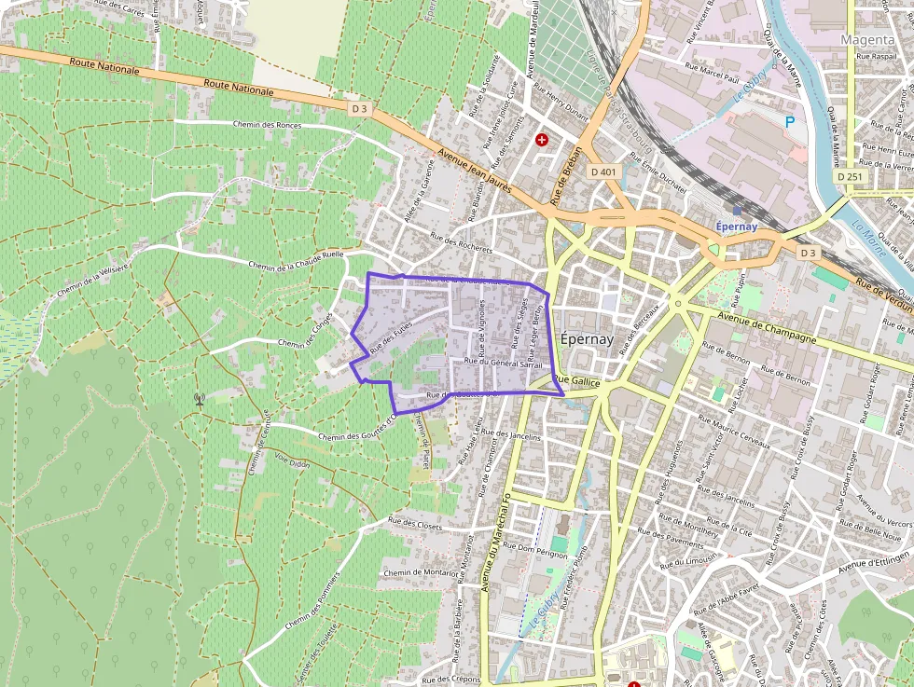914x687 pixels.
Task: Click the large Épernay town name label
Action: pyautogui.click(x=588, y=339)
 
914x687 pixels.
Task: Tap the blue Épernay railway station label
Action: pyautogui.click(x=738, y=227)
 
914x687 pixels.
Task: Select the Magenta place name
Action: pyautogui.click(x=867, y=40)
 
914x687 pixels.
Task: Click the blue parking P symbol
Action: pyautogui.click(x=790, y=122)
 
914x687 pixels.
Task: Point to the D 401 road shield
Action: pyautogui.click(x=604, y=172)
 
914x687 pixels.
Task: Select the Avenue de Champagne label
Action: pyautogui.click(x=767, y=327)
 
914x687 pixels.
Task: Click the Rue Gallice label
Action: pyautogui.click(x=575, y=382)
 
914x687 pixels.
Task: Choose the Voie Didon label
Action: pyautogui.click(x=292, y=462)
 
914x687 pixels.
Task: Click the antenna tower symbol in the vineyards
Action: pyautogui.click(x=199, y=400)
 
